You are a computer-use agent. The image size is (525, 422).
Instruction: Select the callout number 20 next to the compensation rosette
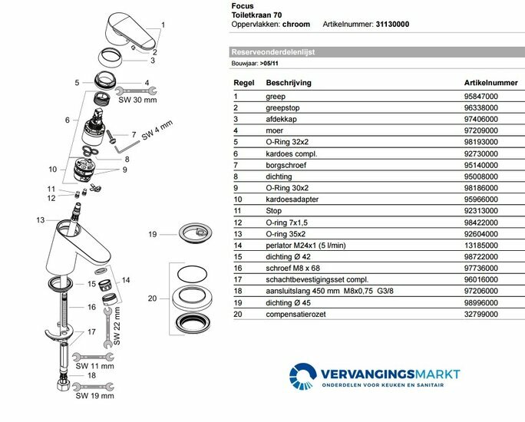[151, 298]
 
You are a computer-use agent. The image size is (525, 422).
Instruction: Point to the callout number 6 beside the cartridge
[68, 120]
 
